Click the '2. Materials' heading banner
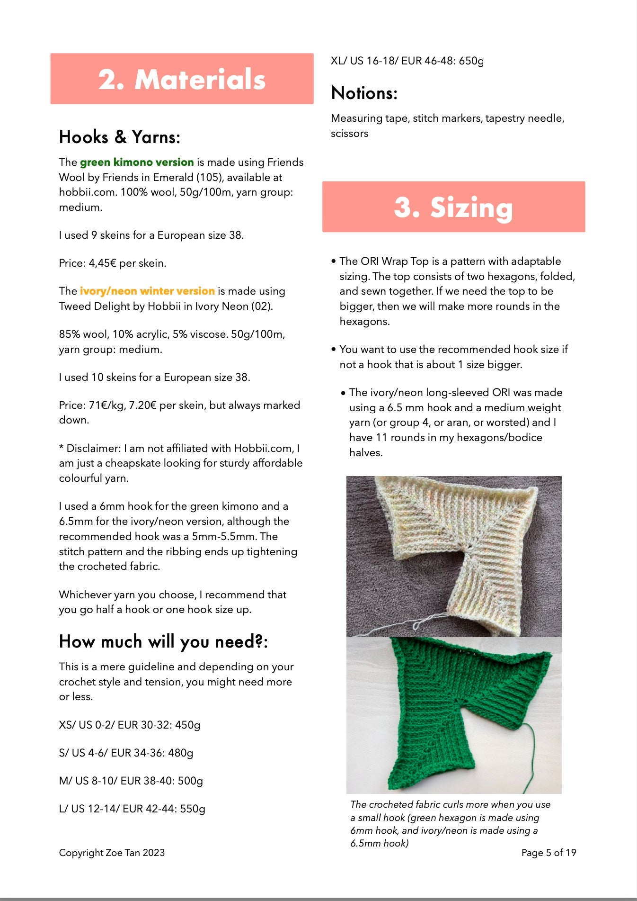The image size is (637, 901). click(x=182, y=79)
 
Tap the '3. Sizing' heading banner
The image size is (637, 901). click(x=453, y=207)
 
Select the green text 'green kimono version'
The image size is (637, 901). click(x=137, y=162)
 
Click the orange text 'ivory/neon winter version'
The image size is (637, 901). click(x=147, y=291)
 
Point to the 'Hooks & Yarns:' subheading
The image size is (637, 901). click(x=119, y=137)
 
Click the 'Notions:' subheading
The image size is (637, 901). click(x=364, y=93)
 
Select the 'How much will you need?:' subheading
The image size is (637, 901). click(x=163, y=641)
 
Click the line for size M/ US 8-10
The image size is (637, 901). click(x=131, y=781)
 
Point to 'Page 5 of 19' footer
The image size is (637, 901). click(x=549, y=853)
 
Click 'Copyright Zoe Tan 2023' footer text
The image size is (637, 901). click(x=112, y=853)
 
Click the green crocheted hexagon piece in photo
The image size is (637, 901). click(x=454, y=701)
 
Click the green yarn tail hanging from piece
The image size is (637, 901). click(x=531, y=758)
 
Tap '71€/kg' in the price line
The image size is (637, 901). click(x=106, y=405)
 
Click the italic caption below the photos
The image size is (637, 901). click(x=450, y=824)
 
